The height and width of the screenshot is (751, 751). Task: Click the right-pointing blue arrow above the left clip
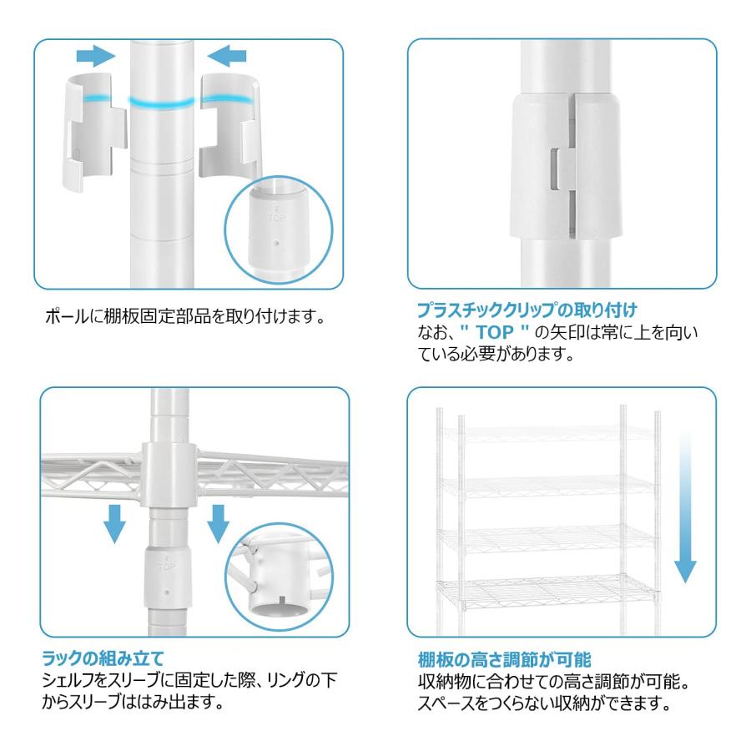tap(96, 56)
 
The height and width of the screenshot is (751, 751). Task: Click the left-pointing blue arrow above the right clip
tap(227, 56)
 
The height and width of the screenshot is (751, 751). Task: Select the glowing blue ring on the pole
tap(162, 102)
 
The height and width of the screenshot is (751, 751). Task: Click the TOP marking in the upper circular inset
tap(276, 218)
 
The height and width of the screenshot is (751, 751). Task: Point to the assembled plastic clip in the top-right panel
tap(566, 165)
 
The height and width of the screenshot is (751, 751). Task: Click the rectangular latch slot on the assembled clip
tap(554, 168)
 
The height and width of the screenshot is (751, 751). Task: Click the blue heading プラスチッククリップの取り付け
tap(527, 310)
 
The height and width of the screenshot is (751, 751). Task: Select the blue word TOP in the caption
tap(495, 332)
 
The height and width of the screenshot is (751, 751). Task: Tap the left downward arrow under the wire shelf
tap(114, 523)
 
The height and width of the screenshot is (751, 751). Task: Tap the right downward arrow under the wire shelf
tap(218, 523)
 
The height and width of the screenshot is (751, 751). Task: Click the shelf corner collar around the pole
tap(169, 475)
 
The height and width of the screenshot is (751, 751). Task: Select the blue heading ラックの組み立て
tap(103, 658)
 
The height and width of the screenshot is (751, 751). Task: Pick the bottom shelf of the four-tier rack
tap(546, 592)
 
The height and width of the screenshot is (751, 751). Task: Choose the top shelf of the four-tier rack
tap(547, 433)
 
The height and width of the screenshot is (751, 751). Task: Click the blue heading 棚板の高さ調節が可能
tap(504, 659)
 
